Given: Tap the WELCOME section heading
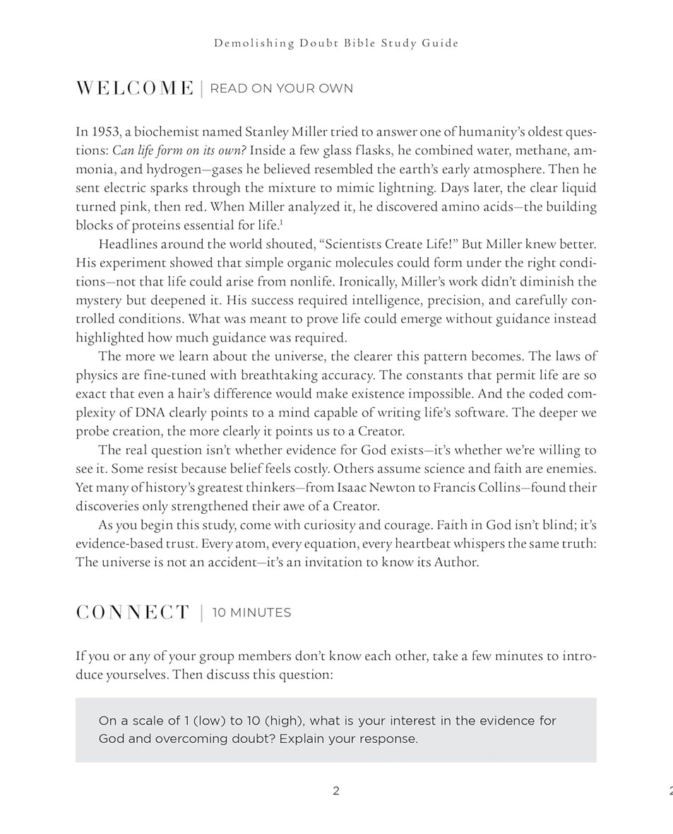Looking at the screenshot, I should [134, 88].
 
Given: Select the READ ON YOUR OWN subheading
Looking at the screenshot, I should [281, 88].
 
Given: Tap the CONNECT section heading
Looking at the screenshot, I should [133, 613].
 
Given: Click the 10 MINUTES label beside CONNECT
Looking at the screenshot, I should [251, 613].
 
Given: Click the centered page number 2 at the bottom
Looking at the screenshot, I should [336, 792].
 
